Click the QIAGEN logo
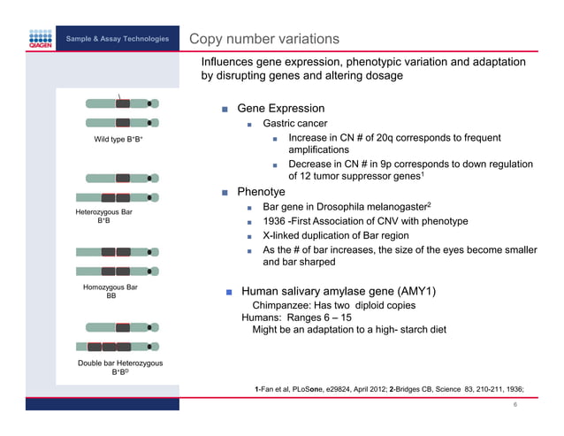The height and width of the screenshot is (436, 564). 40,40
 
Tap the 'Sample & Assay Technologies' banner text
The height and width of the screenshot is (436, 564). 118,40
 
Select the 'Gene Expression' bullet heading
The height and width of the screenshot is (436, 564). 280,108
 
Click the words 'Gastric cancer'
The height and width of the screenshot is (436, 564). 295,124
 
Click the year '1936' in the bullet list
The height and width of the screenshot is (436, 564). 275,221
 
